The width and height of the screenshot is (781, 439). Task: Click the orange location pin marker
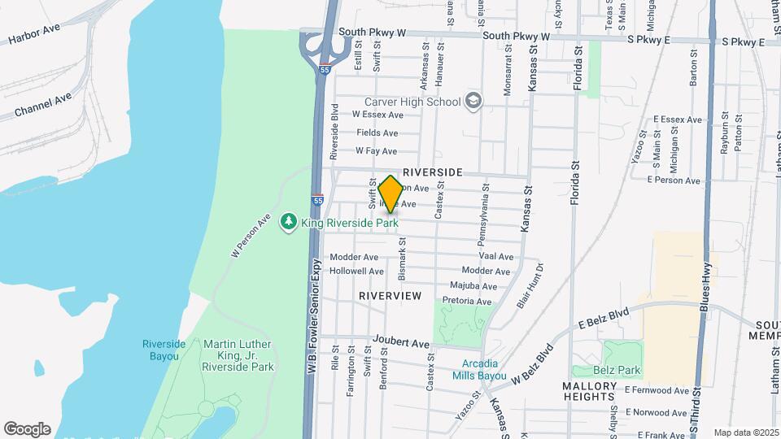coord(390,194)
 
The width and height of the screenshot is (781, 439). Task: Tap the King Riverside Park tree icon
coord(288,221)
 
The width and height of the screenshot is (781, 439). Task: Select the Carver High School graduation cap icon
coord(473,102)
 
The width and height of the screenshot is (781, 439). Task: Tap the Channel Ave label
coord(43,104)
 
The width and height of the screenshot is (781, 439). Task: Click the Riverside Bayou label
coord(164,350)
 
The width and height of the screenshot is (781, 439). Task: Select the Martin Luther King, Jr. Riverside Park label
coord(238,355)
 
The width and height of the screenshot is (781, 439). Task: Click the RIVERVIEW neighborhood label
coord(390,296)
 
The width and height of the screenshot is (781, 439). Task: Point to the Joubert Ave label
coord(400,343)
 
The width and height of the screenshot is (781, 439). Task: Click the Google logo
coord(27,428)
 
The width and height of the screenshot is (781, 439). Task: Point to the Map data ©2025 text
coord(746,432)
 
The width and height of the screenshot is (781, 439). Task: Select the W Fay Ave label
coord(376,151)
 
